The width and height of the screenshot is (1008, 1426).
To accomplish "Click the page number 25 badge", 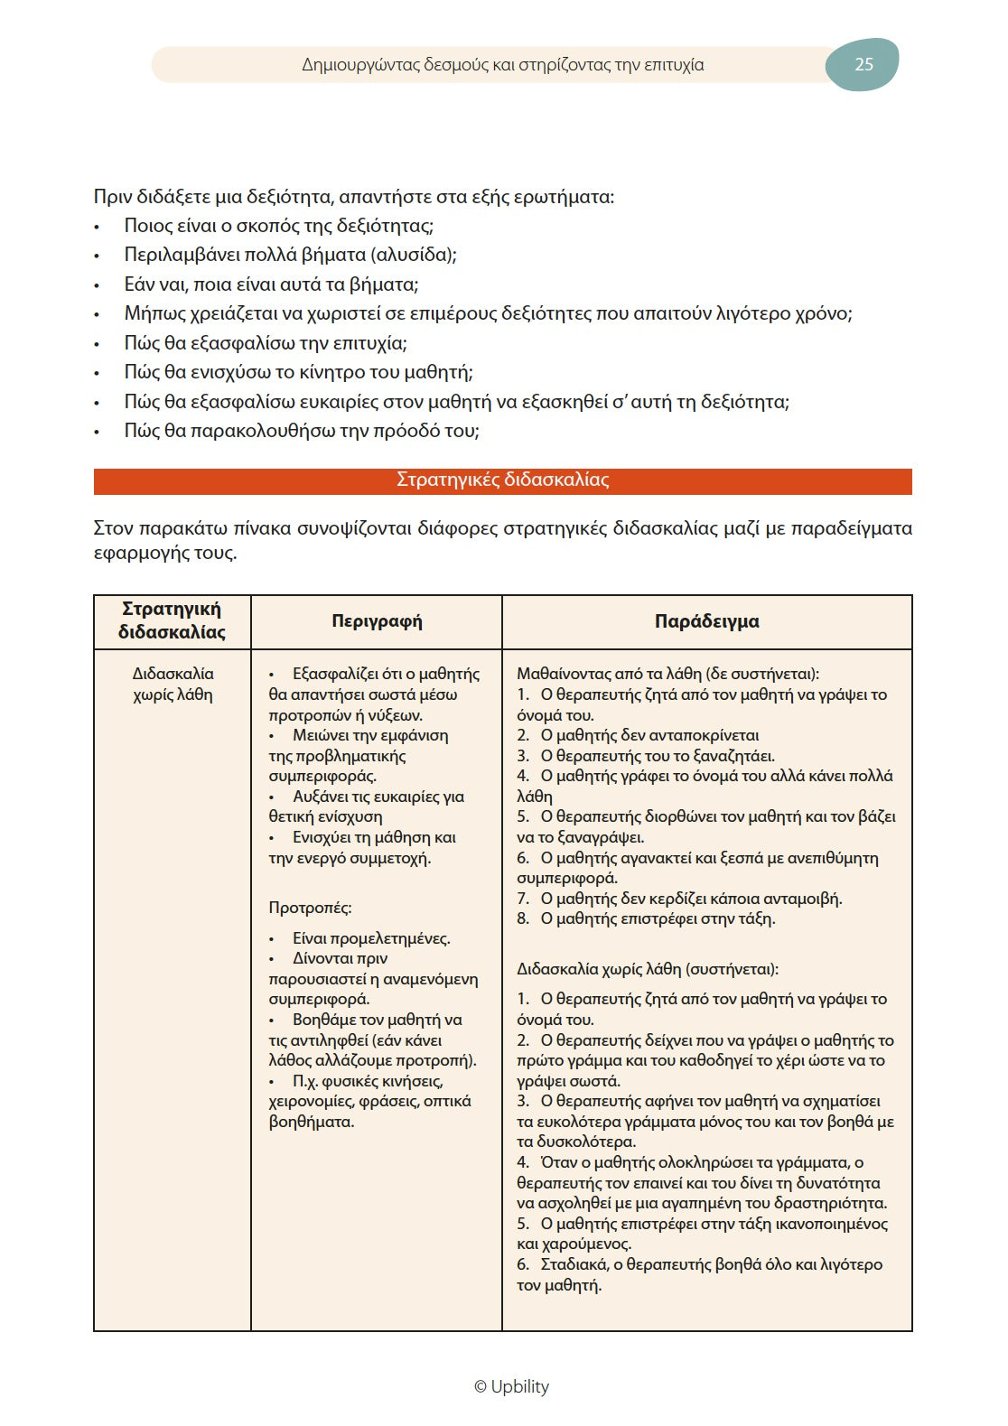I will pyautogui.click(x=863, y=64).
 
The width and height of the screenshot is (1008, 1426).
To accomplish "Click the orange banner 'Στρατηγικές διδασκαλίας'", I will pyautogui.click(x=502, y=480).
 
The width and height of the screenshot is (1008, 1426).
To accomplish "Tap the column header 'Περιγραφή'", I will pyautogui.click(x=377, y=621).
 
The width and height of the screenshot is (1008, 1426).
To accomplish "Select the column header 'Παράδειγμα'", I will pyautogui.click(x=706, y=621).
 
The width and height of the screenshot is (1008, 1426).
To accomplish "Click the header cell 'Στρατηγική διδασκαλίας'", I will pyautogui.click(x=172, y=620).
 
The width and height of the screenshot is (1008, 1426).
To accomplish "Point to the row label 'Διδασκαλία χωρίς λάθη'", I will pyautogui.click(x=173, y=684).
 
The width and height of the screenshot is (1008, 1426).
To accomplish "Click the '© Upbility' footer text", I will pyautogui.click(x=511, y=1386).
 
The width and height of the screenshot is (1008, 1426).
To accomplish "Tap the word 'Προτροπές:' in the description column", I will pyautogui.click(x=310, y=908).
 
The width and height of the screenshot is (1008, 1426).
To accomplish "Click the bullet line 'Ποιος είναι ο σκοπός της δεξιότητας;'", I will pyautogui.click(x=279, y=226).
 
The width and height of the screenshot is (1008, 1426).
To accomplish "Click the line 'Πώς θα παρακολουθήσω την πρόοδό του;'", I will pyautogui.click(x=302, y=431).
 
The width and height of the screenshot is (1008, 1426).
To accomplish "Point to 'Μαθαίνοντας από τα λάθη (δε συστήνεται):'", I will pyautogui.click(x=667, y=674).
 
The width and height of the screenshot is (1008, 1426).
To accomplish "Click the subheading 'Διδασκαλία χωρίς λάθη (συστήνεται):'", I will pyautogui.click(x=647, y=969).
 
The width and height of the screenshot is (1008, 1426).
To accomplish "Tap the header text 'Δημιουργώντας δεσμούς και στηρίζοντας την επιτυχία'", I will pyautogui.click(x=502, y=65).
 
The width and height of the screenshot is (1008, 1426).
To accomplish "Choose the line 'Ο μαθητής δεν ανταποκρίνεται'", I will pyautogui.click(x=649, y=735).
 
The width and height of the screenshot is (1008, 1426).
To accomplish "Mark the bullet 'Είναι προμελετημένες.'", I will pyautogui.click(x=370, y=938).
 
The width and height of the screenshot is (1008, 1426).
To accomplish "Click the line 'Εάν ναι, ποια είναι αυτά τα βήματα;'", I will pyautogui.click(x=271, y=284).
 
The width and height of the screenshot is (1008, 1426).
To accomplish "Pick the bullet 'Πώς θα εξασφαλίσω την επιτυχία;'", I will pyautogui.click(x=266, y=343).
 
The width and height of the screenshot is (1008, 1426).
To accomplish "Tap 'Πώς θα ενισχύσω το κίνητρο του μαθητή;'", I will pyautogui.click(x=298, y=372).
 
